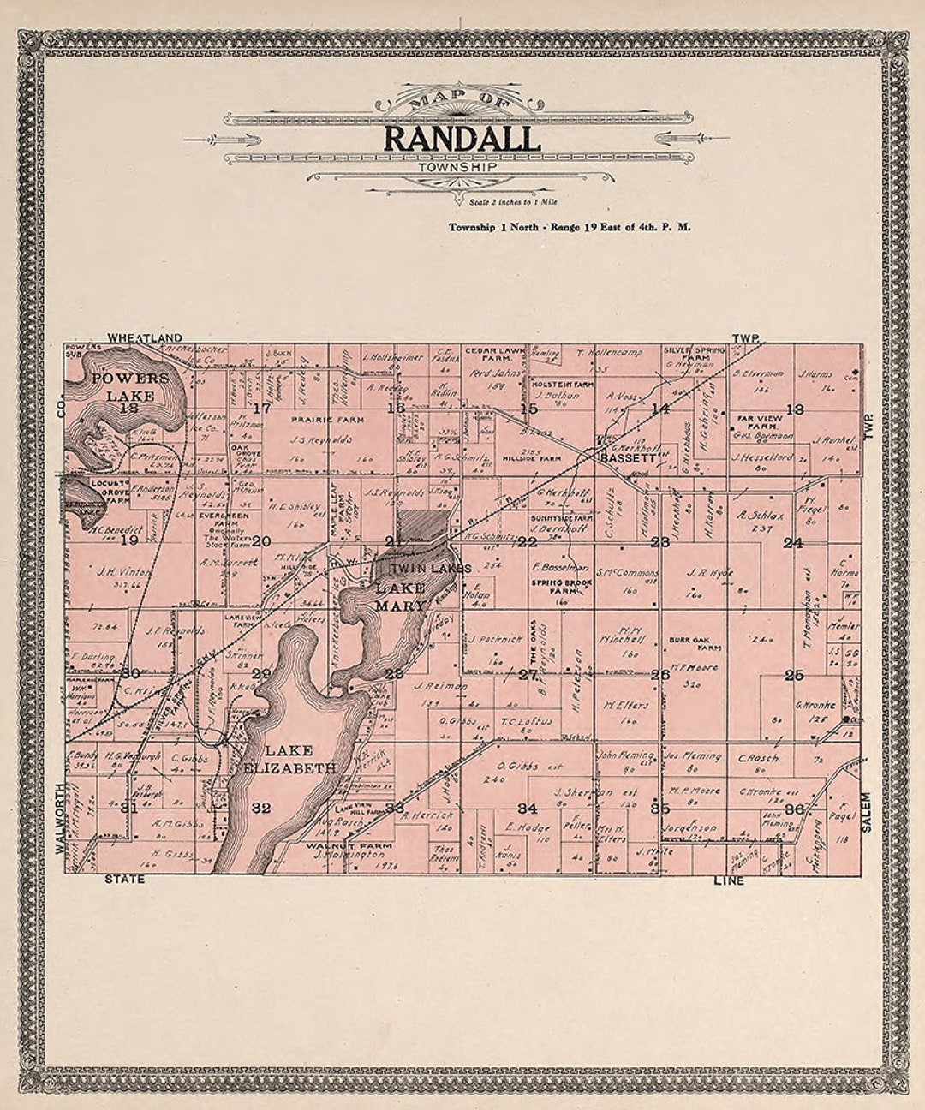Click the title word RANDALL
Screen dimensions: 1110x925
coord(462,138)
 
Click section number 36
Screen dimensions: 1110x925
coord(794,809)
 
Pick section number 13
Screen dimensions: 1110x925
coord(795,409)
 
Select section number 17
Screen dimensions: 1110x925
coord(261,409)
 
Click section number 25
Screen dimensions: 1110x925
coord(794,675)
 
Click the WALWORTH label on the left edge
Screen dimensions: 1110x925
coord(60,819)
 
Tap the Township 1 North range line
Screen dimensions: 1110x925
coord(569,228)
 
